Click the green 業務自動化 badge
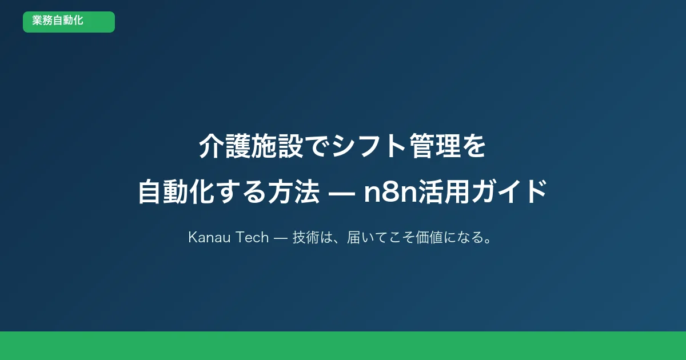click(69, 22)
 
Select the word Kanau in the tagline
click(208, 238)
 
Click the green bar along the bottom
click(343, 346)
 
